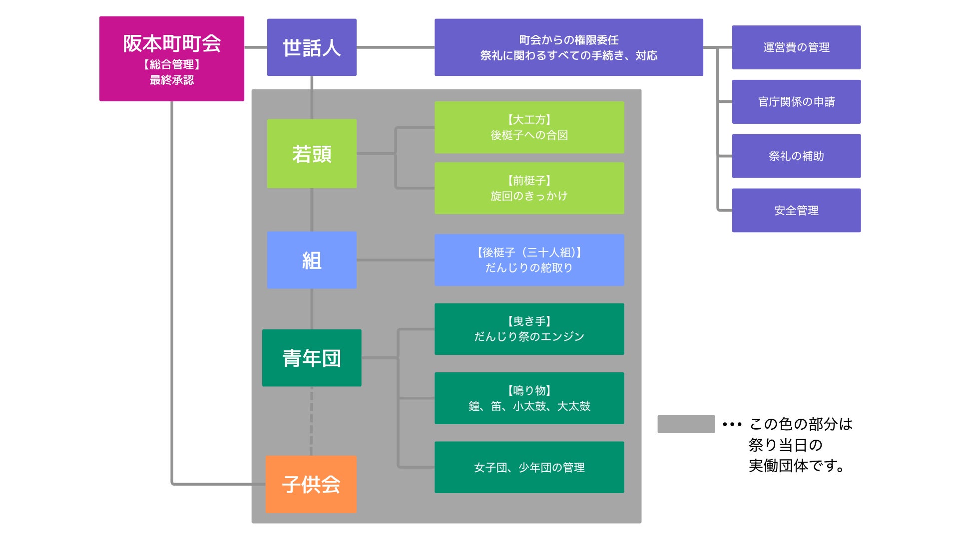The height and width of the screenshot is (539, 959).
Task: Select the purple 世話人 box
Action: (312, 47)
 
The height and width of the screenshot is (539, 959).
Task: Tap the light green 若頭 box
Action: (312, 154)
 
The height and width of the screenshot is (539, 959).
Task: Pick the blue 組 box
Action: (312, 260)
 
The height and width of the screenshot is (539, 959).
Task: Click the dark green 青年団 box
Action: (312, 358)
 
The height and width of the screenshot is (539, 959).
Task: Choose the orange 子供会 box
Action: (311, 484)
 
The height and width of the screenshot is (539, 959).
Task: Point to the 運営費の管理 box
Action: (796, 47)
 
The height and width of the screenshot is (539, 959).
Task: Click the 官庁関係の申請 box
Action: (796, 102)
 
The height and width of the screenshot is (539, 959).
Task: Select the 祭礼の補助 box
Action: (796, 156)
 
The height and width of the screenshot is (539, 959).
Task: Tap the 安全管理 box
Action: (796, 211)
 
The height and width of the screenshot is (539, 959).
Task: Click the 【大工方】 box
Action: (529, 127)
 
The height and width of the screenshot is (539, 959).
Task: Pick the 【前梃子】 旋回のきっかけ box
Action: (529, 188)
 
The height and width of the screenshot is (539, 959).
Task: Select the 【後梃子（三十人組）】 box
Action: (529, 260)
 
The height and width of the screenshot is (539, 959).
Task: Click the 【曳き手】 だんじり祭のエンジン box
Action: (529, 329)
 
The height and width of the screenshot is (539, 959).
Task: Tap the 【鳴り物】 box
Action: (529, 398)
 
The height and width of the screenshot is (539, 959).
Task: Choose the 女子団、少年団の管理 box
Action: (529, 467)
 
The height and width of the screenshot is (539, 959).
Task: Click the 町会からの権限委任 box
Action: (568, 47)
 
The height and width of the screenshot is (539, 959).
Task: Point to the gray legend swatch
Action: (686, 424)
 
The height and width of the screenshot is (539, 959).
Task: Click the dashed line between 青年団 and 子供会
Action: (312, 421)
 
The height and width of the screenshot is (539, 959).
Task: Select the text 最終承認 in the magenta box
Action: (171, 80)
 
